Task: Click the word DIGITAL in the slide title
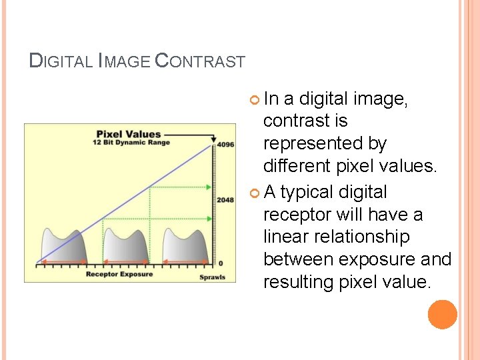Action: (x=61, y=61)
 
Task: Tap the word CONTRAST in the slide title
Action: (x=200, y=61)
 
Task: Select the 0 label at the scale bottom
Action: (x=221, y=263)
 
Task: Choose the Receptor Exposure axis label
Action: (x=119, y=274)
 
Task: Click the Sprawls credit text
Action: (x=213, y=277)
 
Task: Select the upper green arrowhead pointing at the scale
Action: (x=209, y=187)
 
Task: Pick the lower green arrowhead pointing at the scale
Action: (x=209, y=218)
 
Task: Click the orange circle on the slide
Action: (x=443, y=314)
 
